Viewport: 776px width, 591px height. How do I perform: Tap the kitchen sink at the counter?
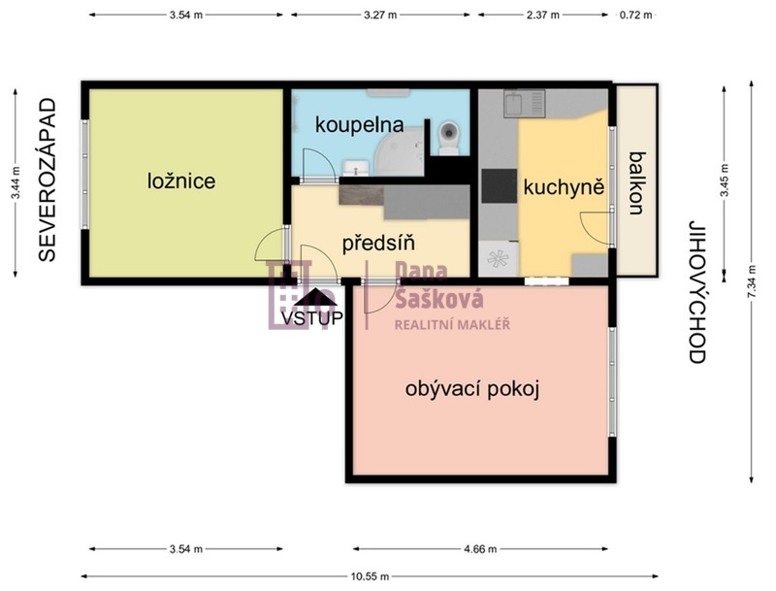[525, 104]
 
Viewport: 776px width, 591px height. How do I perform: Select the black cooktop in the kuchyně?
[500, 186]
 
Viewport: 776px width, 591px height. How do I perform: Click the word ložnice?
[181, 181]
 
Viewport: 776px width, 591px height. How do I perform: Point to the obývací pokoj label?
[472, 389]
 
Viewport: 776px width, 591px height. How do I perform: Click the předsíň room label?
[378, 243]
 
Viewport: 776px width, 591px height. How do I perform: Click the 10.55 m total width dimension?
[370, 576]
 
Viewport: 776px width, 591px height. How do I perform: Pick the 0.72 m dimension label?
[635, 15]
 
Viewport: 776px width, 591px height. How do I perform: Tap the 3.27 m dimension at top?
[380, 15]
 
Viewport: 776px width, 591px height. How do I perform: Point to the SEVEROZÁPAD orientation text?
[48, 181]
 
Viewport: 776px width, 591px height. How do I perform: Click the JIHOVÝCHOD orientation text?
[696, 292]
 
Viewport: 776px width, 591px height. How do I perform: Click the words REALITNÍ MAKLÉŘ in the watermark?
[452, 325]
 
